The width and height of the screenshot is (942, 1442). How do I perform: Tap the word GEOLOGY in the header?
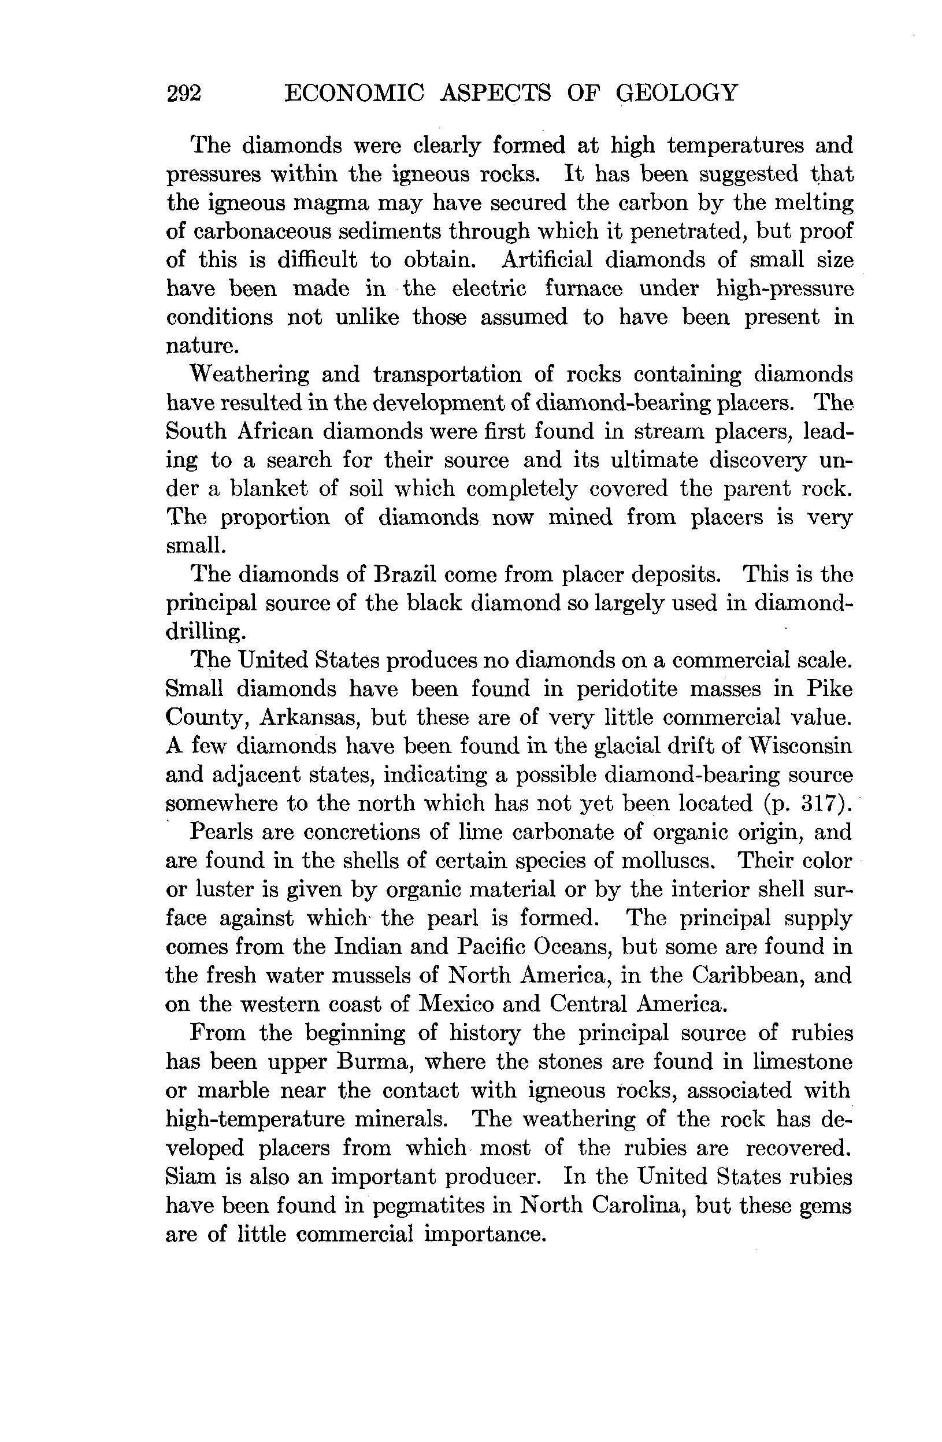(x=677, y=92)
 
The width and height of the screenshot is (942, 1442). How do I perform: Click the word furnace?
(x=583, y=288)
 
